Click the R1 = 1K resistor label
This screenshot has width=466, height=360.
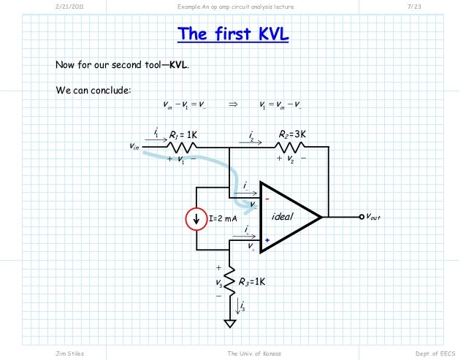183,135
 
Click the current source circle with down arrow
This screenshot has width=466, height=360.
195,217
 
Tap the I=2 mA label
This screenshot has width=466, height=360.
224,218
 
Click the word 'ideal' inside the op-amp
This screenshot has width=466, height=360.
282,217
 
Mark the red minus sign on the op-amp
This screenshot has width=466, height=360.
267,197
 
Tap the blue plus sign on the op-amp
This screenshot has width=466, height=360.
267,240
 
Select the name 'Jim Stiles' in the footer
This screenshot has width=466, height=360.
70,353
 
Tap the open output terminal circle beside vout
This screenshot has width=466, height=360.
361,217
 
